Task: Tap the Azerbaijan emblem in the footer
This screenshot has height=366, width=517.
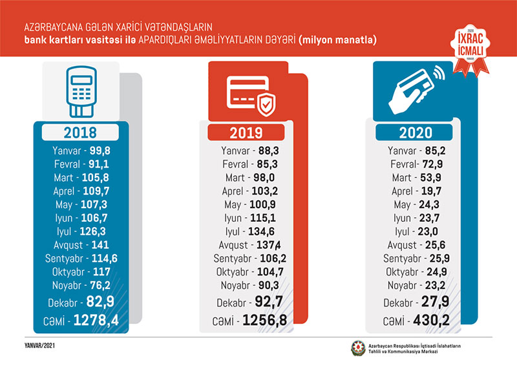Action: (x=357, y=349)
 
